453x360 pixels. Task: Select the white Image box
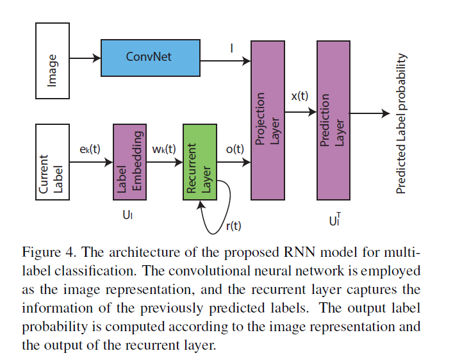(x=53, y=61)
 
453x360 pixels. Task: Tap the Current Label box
(x=53, y=162)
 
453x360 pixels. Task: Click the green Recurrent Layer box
(x=200, y=163)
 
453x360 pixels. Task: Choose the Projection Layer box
(x=268, y=119)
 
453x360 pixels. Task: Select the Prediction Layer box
(x=333, y=119)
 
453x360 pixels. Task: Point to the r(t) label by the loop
(x=233, y=225)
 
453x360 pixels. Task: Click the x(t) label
(x=299, y=96)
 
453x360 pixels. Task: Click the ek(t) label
(x=90, y=149)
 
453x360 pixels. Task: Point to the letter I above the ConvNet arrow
(x=231, y=47)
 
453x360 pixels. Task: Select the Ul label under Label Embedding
(x=128, y=215)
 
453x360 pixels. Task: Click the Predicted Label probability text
(x=401, y=124)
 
